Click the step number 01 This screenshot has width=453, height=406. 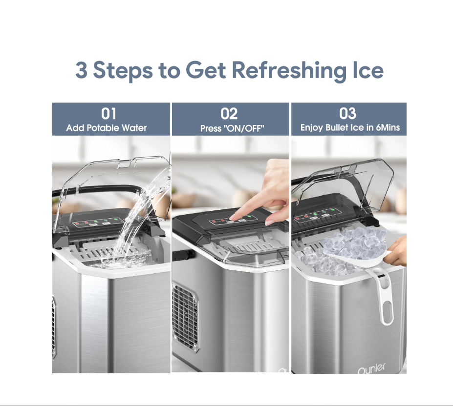click(108, 114)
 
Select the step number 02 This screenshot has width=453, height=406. click(229, 114)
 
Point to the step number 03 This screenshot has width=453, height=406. click(348, 113)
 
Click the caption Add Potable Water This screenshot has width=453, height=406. click(107, 128)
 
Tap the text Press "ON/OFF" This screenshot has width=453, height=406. click(232, 128)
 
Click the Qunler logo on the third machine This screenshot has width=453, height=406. click(371, 368)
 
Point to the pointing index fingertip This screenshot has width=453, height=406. click(236, 217)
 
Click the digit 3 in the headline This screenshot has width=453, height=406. click(81, 70)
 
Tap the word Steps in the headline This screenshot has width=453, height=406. click(123, 71)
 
